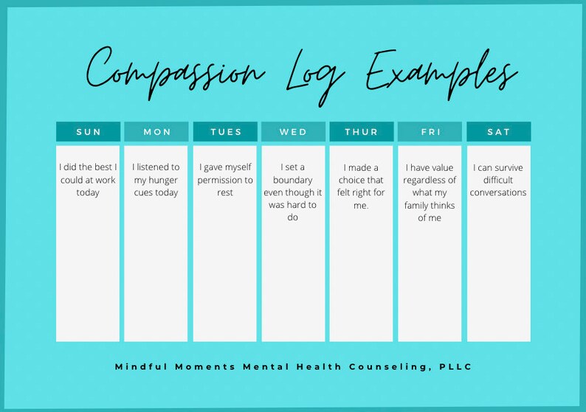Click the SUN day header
(88, 132)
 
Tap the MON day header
(156, 132)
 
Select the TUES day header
(225, 132)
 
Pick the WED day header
(293, 132)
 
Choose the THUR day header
(361, 132)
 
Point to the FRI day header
(430, 132)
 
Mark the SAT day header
(498, 132)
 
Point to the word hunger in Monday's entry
(164, 180)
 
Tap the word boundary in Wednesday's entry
(293, 180)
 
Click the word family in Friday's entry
(421, 205)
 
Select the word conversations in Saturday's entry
(498, 192)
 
